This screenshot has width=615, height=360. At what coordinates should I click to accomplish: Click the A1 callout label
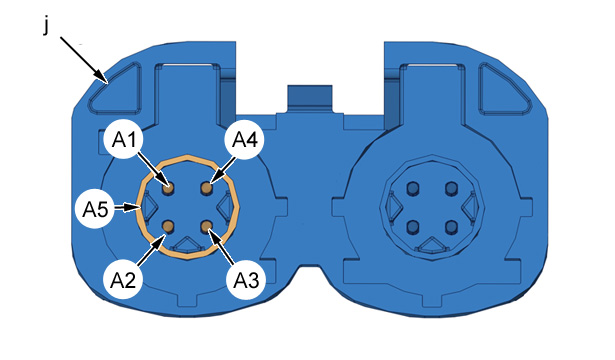[x=123, y=140]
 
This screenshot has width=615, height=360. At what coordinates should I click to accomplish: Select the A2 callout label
[x=123, y=280]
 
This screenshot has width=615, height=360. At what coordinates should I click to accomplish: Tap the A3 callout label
[x=246, y=280]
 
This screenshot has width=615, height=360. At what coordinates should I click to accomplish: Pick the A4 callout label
[x=244, y=140]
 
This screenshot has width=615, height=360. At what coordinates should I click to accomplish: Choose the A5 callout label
[x=95, y=209]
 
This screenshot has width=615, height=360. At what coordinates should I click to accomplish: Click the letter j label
[x=46, y=27]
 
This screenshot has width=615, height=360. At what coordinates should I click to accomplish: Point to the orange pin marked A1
[x=168, y=189]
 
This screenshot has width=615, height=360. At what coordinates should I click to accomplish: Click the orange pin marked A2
[x=168, y=226]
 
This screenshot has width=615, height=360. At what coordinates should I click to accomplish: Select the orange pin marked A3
[x=206, y=226]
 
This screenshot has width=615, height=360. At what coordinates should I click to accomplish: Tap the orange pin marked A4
[x=206, y=189]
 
